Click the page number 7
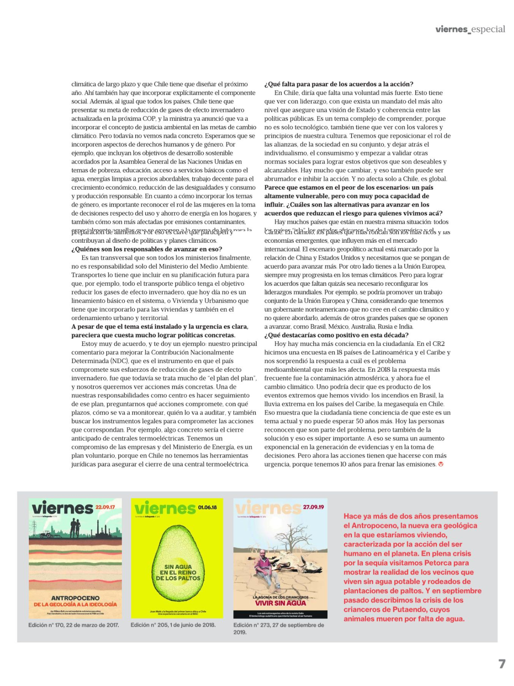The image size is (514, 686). click(x=502, y=664)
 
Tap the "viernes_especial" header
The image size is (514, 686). click(x=470, y=29)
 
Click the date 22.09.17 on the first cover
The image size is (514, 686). click(x=105, y=507)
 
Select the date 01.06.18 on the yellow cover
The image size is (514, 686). click(x=207, y=507)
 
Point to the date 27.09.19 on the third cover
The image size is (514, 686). click(x=313, y=507)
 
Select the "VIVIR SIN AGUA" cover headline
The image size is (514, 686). click(x=280, y=603)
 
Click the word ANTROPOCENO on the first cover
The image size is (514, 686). click(x=75, y=598)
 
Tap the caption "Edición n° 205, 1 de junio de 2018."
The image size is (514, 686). click(x=173, y=625)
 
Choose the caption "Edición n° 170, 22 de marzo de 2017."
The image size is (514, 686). click(x=74, y=625)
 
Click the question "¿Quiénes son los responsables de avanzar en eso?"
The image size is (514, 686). click(x=147, y=249)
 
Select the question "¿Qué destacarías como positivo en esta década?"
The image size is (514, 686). click(x=336, y=335)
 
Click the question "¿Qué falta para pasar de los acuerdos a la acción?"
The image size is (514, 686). click(x=339, y=84)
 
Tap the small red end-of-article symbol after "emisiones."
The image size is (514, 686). click(x=441, y=464)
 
